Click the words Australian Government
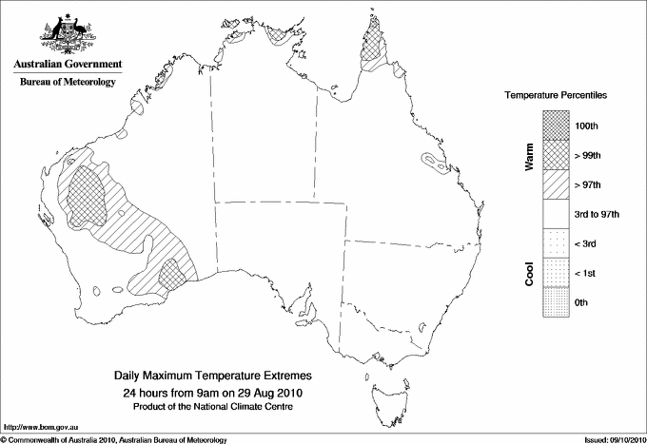[68, 65]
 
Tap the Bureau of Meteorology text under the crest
[68, 83]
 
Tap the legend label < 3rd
[587, 243]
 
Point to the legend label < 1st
[586, 273]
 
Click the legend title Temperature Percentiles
[556, 97]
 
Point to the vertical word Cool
[529, 273]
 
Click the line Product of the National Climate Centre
[212, 407]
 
